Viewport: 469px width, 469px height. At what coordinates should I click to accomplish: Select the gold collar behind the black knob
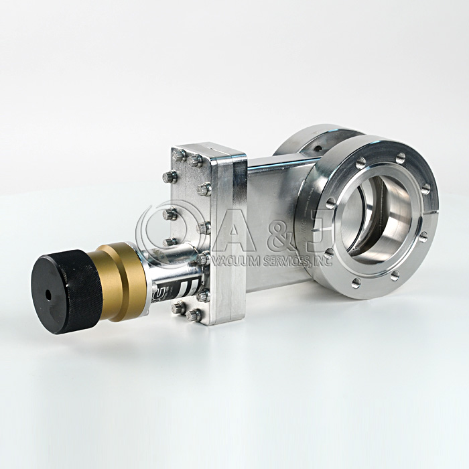[121, 281]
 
